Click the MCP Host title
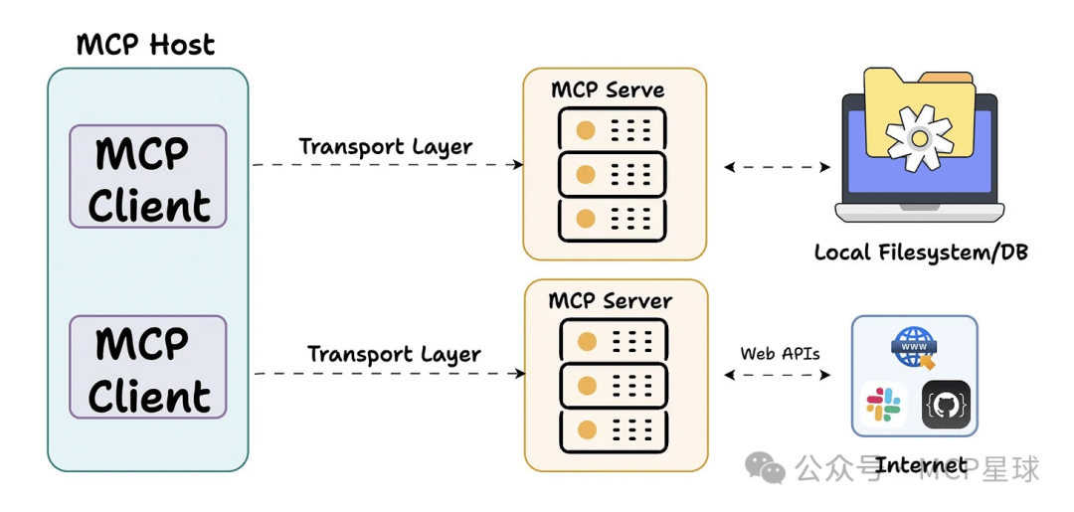tap(145, 45)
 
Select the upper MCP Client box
tap(148, 177)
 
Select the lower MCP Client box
tap(148, 367)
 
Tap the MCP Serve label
tap(608, 90)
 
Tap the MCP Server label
tap(611, 300)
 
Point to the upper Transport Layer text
tap(386, 146)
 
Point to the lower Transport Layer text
tap(394, 354)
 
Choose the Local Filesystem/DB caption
tap(920, 253)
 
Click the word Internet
tap(921, 464)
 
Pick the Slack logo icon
tap(883, 404)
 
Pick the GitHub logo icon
tap(946, 404)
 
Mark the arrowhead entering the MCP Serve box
tap(517, 165)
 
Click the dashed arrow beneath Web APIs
tap(778, 376)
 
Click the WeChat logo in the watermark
tap(766, 467)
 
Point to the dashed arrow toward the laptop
tap(778, 167)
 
